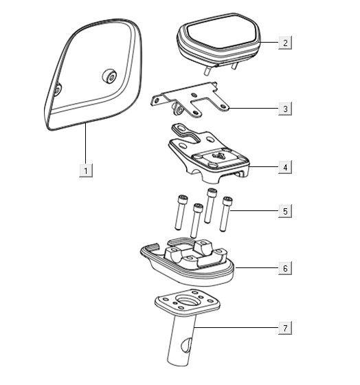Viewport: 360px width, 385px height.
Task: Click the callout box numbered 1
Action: pos(86,170)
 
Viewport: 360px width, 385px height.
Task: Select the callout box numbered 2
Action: pos(285,43)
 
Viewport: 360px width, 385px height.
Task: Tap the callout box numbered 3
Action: pos(285,109)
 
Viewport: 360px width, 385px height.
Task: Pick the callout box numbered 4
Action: pos(285,167)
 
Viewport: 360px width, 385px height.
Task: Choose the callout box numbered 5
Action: pos(285,211)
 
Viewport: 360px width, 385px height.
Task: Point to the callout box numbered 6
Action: pos(285,268)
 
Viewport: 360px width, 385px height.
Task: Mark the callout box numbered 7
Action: pos(285,327)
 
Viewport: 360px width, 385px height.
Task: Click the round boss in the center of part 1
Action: pos(109,76)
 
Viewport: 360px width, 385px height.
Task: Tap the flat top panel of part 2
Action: pos(219,32)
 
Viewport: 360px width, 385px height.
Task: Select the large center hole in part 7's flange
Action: pos(187,301)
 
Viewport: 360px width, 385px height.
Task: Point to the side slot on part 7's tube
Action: pos(185,344)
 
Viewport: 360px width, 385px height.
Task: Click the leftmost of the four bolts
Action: pos(181,212)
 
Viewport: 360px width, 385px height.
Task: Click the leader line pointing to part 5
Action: pos(254,210)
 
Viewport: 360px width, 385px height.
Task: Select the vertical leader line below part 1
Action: pos(86,143)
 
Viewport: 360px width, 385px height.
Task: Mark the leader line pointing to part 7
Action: pos(236,327)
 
